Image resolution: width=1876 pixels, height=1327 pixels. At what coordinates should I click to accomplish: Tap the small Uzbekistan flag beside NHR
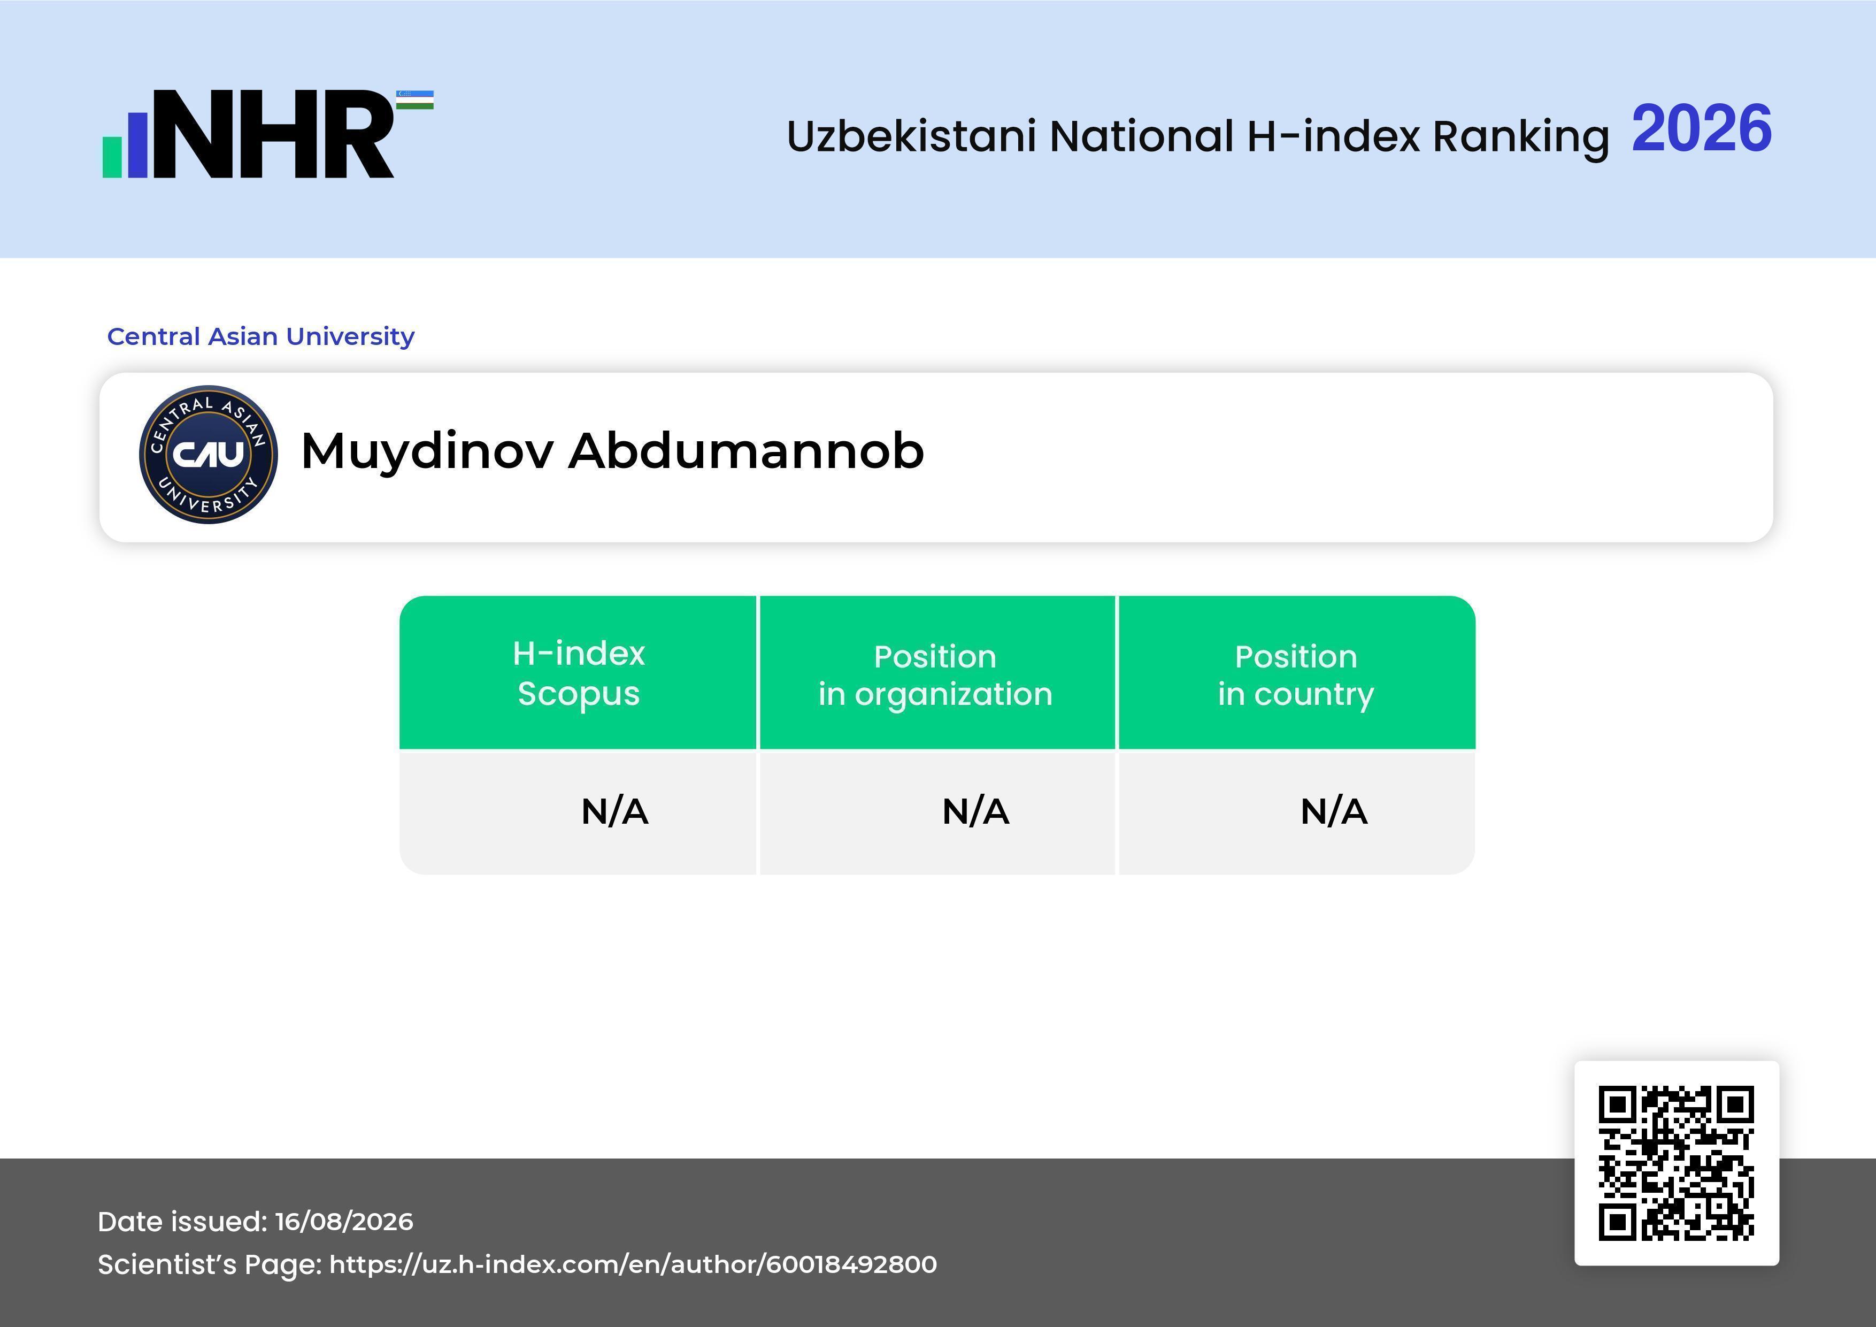pyautogui.click(x=415, y=99)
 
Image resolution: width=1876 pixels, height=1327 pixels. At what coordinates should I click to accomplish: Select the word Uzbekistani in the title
pyautogui.click(x=911, y=136)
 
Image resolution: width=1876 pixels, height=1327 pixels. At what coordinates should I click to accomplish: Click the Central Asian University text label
pyautogui.click(x=260, y=336)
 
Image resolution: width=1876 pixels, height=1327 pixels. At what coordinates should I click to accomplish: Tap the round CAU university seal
pyautogui.click(x=209, y=454)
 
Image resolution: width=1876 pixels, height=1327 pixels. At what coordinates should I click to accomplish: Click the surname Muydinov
pyautogui.click(x=427, y=452)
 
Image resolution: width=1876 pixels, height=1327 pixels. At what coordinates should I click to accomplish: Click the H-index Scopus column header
pyautogui.click(x=579, y=673)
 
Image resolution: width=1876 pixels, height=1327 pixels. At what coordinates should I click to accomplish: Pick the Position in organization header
pyautogui.click(x=935, y=675)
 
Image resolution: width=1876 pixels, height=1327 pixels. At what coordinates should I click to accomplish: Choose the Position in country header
pyautogui.click(x=1296, y=675)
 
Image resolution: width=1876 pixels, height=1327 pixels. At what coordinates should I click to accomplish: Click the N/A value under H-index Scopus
pyautogui.click(x=614, y=811)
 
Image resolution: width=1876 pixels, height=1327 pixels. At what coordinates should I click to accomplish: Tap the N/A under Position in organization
pyautogui.click(x=975, y=811)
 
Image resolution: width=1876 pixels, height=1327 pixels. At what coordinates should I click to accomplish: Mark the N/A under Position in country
pyautogui.click(x=1333, y=811)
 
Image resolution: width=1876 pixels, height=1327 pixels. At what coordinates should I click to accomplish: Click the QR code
pyautogui.click(x=1677, y=1163)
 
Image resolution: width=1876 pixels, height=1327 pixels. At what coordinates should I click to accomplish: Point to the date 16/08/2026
pyautogui.click(x=344, y=1222)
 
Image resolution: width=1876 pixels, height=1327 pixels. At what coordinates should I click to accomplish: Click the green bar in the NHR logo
pyautogui.click(x=112, y=157)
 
